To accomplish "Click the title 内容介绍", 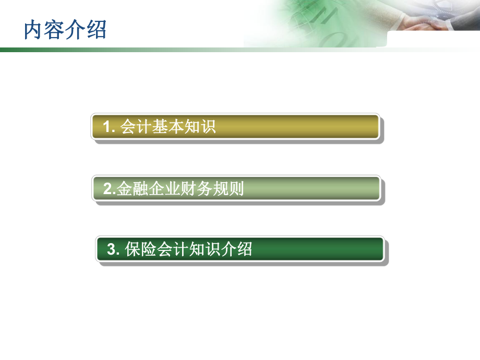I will pos(65,30).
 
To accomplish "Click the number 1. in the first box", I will pos(109,127).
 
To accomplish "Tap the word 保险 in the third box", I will pos(140,249).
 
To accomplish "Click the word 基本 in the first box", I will pos(167,127).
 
